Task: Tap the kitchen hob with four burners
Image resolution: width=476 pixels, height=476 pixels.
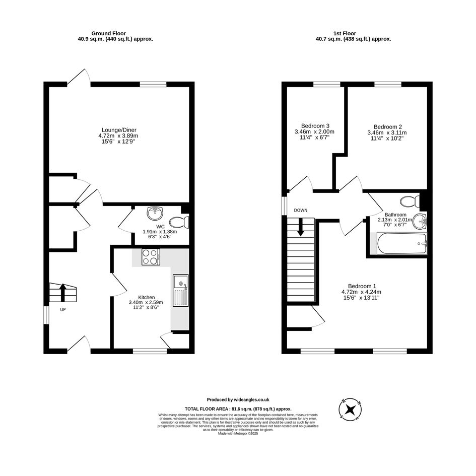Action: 151,257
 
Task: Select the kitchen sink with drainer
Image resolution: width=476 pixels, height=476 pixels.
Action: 181,290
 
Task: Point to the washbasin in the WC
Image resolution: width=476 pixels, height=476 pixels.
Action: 155,214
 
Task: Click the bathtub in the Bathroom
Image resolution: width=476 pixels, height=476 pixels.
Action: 402,243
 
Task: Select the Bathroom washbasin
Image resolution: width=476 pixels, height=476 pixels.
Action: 419,221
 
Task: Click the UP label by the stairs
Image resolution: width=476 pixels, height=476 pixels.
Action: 63,310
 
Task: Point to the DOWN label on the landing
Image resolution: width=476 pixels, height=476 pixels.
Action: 301,210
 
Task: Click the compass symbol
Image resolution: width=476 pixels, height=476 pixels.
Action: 350,409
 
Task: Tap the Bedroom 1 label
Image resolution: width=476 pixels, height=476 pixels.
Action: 362,286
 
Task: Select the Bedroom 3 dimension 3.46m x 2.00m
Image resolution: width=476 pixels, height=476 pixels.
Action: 314,132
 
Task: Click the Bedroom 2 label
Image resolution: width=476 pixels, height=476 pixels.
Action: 388,127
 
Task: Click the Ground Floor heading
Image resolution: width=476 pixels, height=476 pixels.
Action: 108,33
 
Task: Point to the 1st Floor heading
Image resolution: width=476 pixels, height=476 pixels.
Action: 345,33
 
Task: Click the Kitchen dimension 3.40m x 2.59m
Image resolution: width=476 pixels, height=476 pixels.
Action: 146,302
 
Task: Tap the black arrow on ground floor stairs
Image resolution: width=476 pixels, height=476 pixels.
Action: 63,293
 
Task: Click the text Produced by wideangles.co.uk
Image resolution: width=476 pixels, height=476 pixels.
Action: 238,400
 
